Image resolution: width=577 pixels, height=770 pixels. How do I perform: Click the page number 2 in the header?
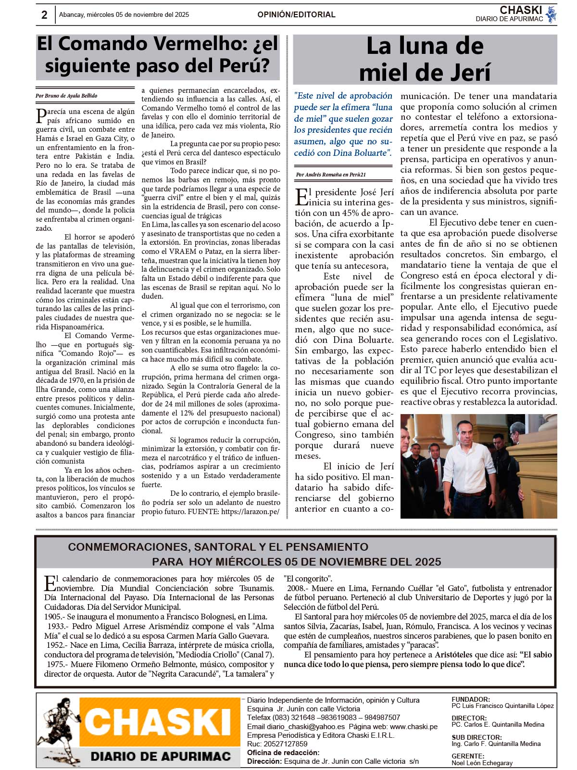click(44, 15)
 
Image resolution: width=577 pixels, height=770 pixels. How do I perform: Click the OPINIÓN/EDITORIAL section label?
click(296, 14)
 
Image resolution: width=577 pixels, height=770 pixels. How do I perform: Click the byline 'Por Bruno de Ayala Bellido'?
click(66, 96)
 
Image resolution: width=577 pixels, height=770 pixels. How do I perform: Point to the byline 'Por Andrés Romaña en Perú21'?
click(331, 175)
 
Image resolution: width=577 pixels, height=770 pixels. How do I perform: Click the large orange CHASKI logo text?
click(159, 722)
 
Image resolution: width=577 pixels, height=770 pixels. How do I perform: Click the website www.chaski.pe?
click(414, 727)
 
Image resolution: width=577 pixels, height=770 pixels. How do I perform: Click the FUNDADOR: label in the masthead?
click(471, 699)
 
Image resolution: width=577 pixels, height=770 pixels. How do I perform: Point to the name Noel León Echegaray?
click(482, 763)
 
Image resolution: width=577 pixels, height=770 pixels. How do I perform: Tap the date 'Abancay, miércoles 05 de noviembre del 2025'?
click(124, 15)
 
